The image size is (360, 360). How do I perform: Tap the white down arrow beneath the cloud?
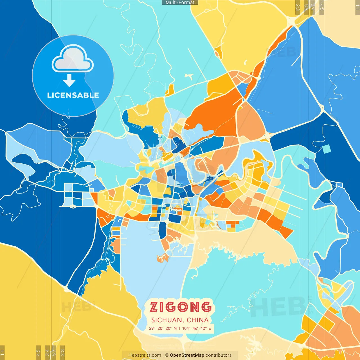pos(69,80)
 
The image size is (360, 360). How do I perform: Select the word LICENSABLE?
pos(73,95)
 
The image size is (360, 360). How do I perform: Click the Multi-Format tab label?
pos(180,3)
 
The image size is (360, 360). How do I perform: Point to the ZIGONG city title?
pos(180,307)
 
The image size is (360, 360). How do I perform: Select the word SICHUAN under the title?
pos(166,320)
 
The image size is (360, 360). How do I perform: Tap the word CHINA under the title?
pos(198,320)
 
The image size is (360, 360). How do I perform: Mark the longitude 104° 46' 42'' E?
pos(196,328)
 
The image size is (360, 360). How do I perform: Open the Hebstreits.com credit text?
pos(145,355)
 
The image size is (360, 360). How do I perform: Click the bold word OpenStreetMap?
pos(187,355)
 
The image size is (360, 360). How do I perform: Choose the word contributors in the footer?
pos(219,355)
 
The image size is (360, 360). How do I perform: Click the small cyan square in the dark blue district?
pos(327,149)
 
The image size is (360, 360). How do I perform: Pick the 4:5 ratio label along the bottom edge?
pos(38,352)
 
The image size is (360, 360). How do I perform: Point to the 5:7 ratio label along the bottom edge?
pos(54,352)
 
